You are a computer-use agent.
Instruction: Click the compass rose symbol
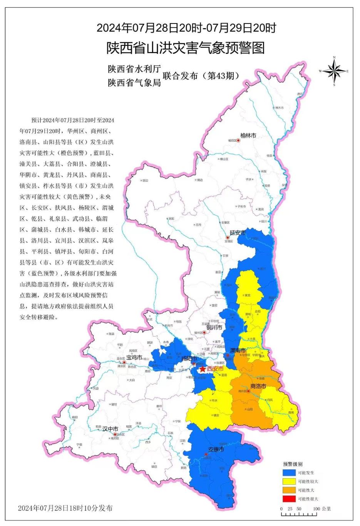pos(334,71)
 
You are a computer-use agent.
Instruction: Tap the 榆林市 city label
pos(248,136)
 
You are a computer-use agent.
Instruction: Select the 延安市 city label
pos(238,233)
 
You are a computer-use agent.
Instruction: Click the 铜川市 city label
pos(214,327)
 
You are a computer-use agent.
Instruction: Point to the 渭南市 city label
pos(238,350)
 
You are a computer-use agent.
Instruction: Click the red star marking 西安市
pos(203,369)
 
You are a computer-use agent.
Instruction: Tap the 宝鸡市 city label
pos(134,357)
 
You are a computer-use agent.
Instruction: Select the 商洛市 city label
pos(258,386)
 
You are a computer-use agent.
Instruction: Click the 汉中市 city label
pos(110,429)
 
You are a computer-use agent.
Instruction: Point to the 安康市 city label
pos(216,449)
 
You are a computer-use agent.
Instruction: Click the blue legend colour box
pos(289,472)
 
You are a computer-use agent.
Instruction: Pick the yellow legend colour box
pos(289,481)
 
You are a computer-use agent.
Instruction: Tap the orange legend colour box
pos(289,490)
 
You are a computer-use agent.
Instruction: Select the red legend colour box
pos(289,499)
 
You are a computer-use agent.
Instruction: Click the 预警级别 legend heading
pos(293,464)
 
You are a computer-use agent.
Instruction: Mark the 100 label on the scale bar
pos(316,509)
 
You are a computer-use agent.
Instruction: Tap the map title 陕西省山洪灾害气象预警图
pos(186,48)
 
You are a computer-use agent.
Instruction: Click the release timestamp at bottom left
pos(65,508)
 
